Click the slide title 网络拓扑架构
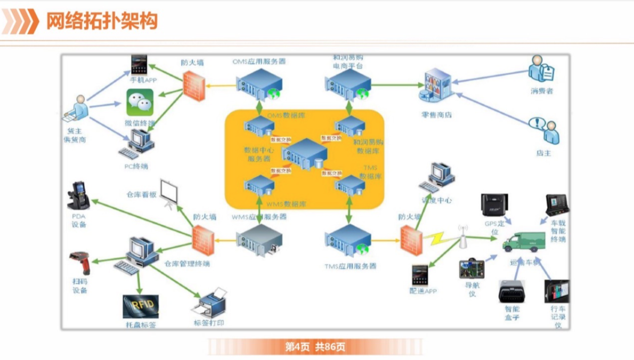(x=102, y=21)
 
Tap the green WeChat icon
(x=140, y=103)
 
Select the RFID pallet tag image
(x=141, y=306)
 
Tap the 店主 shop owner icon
(x=543, y=131)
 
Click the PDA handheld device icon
(x=78, y=197)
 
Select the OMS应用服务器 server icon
(x=259, y=84)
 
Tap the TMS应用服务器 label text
(x=350, y=266)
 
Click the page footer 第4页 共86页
(x=315, y=347)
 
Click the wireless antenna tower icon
(x=462, y=238)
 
